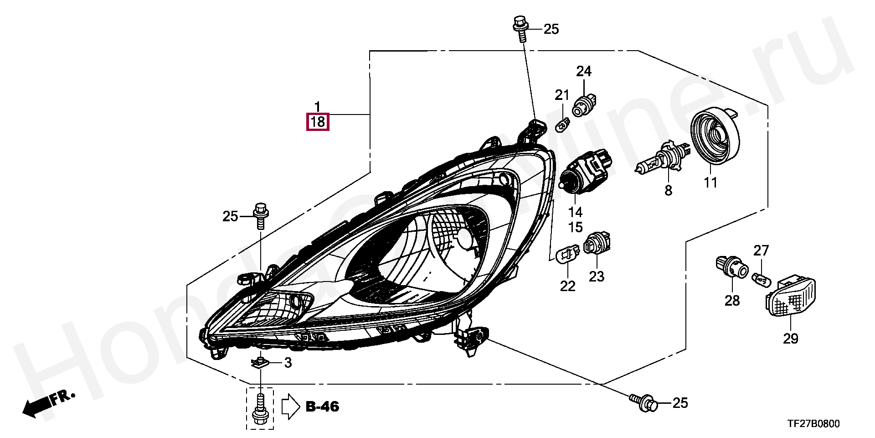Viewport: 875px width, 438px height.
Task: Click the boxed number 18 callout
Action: coord(317,122)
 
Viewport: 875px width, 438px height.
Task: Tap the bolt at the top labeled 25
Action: coord(520,29)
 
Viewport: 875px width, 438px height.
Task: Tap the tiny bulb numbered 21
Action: coord(563,124)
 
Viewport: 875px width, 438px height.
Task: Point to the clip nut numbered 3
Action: coord(260,362)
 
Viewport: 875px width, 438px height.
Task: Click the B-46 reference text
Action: coord(323,407)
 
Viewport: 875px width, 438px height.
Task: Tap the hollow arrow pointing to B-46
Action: coord(291,407)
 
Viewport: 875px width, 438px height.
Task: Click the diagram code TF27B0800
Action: coord(813,424)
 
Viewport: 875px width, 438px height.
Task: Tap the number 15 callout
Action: coord(575,227)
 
